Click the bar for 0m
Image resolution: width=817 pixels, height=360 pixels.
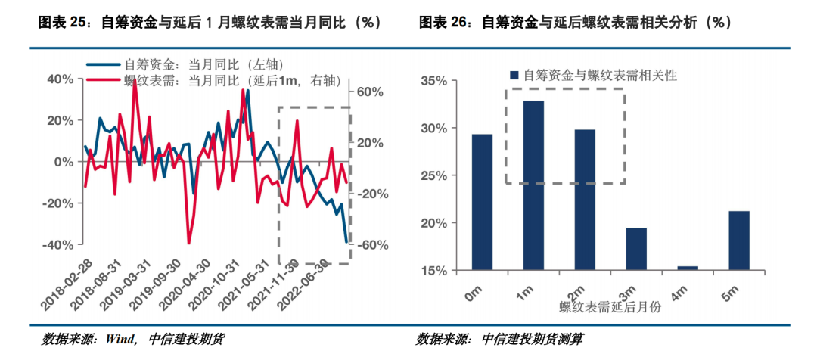click(482, 201)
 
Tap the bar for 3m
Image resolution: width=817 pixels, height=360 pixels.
click(636, 248)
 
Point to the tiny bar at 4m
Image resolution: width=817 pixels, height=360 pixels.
click(688, 268)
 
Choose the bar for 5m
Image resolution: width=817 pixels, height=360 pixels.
click(739, 240)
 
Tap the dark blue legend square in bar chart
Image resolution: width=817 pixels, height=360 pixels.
click(514, 75)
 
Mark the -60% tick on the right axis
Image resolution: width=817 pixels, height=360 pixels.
click(371, 245)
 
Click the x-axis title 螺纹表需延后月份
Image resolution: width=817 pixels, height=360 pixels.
click(607, 306)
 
